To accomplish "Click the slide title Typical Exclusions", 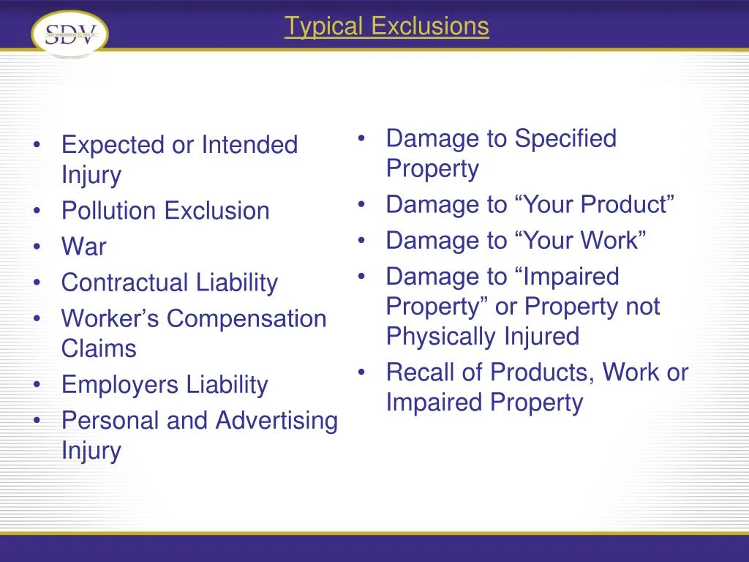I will [x=386, y=26].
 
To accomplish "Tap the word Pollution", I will [x=110, y=211].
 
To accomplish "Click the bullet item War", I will [x=83, y=247].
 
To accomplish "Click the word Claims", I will [x=99, y=348].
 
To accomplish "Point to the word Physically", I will [x=440, y=337].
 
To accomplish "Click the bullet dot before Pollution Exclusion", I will [x=37, y=211].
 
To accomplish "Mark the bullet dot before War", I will [x=37, y=247].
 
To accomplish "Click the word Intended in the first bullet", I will [x=249, y=145].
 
